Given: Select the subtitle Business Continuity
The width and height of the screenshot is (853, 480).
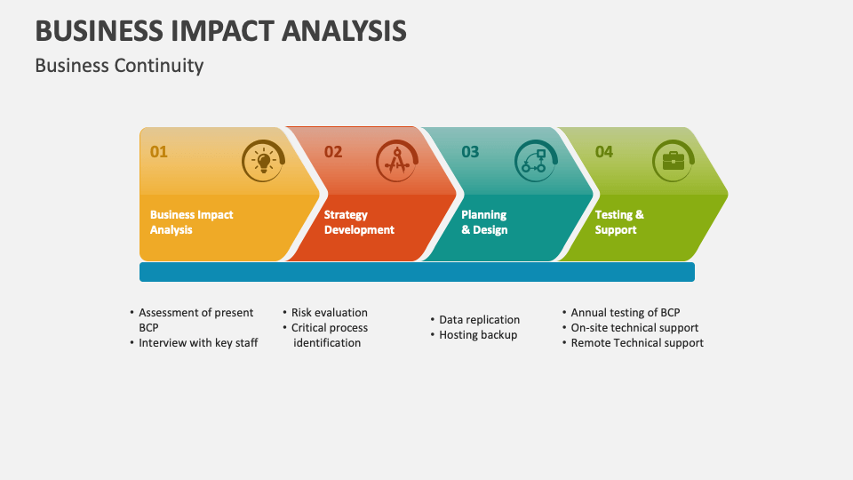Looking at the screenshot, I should [119, 66].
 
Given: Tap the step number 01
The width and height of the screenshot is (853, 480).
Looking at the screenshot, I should [158, 152].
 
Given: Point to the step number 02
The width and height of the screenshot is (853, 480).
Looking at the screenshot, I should [333, 152].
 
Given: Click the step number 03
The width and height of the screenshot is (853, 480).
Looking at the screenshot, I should [470, 152].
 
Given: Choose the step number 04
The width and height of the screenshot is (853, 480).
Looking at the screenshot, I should [604, 152].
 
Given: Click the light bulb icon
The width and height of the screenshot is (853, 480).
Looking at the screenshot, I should [263, 162].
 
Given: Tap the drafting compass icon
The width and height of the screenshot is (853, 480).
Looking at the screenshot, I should [396, 162].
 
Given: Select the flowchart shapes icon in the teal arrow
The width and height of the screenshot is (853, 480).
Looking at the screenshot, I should [535, 162].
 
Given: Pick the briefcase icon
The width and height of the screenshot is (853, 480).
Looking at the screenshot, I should [674, 161].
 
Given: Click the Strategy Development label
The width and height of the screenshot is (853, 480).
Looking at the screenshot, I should [359, 222].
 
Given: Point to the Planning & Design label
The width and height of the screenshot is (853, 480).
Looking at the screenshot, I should [484, 222].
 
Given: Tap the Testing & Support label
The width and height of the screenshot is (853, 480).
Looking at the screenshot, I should [619, 222].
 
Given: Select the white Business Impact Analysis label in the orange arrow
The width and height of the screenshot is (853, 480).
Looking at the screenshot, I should [191, 222].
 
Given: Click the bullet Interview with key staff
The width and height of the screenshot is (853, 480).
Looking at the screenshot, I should [198, 343].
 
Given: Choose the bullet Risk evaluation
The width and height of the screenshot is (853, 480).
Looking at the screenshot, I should [329, 313].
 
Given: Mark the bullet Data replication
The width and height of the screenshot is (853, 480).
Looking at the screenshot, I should [479, 320].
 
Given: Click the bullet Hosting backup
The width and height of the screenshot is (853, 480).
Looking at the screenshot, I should [478, 335].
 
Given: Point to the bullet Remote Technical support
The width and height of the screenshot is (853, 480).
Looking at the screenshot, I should [636, 343].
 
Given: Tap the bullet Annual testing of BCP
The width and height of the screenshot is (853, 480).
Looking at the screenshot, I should [625, 313].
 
